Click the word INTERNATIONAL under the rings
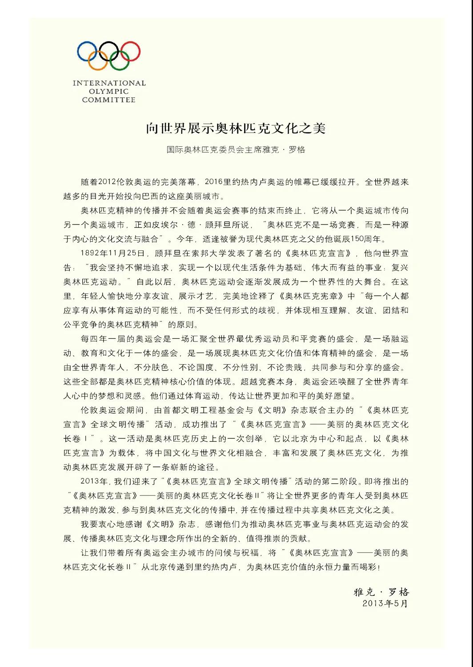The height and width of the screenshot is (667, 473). [109, 83]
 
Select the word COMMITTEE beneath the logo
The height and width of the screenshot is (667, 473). [109, 100]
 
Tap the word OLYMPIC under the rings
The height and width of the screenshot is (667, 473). [109, 92]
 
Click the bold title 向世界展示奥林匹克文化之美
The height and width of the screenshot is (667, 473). [236, 128]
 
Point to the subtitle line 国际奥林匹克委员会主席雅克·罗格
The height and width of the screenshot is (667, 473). [236, 150]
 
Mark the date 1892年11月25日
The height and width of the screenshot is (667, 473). [113, 253]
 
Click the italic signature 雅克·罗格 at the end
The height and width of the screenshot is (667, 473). [381, 592]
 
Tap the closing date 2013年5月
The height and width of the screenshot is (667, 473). [385, 603]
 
